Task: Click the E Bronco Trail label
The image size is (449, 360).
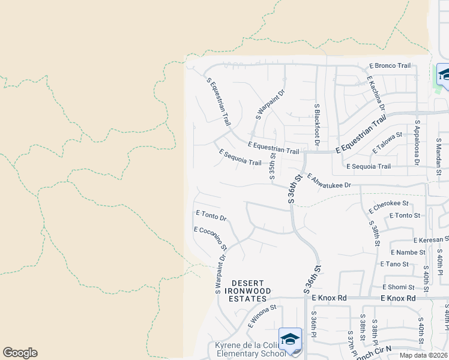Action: tap(390, 65)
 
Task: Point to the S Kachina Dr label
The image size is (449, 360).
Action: tap(376, 94)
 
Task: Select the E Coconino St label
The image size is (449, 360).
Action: tap(210, 238)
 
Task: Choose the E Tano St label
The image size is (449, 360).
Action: tap(394, 264)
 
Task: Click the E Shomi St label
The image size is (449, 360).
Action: tap(397, 287)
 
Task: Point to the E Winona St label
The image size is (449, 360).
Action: tap(262, 316)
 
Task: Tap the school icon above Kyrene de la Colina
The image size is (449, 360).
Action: tap(290, 339)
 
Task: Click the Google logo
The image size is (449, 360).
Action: tap(20, 353)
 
